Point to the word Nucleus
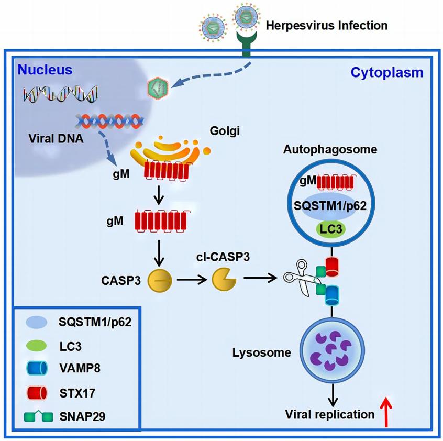[x=45, y=70]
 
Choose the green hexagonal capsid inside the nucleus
[x=159, y=86]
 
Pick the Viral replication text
[x=329, y=414]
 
